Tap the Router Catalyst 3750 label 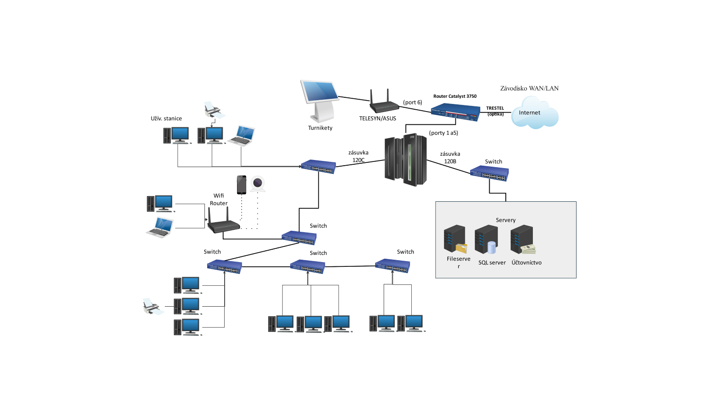tap(455, 96)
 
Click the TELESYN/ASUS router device tap(384, 103)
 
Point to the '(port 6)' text tap(412, 103)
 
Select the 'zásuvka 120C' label tap(358, 157)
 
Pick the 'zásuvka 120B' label tap(450, 158)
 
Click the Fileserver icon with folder tap(455, 240)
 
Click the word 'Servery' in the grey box tap(505, 220)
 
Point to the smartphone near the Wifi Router tap(242, 185)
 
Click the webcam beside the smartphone tap(257, 184)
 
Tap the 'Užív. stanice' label tap(166, 119)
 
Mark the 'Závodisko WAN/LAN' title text tap(529, 88)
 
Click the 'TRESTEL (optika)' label tap(495, 111)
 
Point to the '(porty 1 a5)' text tap(443, 133)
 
